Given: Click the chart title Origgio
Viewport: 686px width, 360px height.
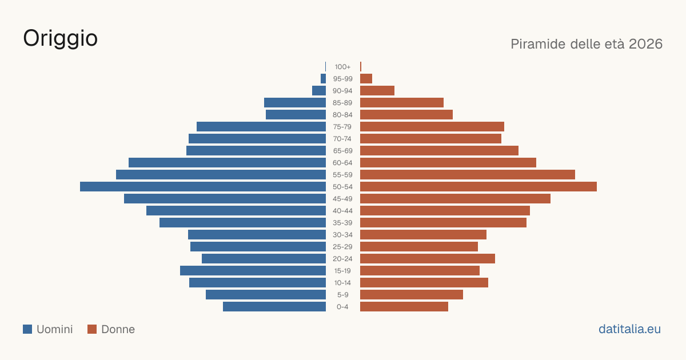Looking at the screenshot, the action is coord(61,39).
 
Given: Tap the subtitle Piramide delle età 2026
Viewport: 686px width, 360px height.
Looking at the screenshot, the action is coord(587,44).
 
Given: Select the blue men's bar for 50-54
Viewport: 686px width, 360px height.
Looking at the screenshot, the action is coord(203,187).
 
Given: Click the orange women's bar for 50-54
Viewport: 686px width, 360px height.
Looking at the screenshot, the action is coord(478,187).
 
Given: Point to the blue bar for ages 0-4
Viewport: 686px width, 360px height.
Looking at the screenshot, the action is coord(274,307).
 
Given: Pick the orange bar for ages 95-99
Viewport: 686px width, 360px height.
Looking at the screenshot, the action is coord(366,79).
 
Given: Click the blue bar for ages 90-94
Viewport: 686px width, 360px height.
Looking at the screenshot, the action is coord(319,91).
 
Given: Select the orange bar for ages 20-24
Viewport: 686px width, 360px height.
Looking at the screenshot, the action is coord(428,259).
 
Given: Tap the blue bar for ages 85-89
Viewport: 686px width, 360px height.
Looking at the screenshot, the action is coord(295,102).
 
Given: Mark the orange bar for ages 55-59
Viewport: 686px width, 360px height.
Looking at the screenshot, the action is coord(468,175).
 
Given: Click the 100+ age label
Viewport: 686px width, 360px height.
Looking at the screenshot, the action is coord(342,67).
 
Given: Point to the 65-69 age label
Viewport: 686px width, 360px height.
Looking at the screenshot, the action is coord(342,151).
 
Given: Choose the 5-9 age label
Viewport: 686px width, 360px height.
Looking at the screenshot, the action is coord(342,295).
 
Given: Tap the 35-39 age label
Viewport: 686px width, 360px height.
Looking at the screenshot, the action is coord(342,223).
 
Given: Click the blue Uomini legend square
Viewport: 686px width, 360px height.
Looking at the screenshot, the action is coord(27,329).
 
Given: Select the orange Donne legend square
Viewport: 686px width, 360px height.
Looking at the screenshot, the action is coord(92,329).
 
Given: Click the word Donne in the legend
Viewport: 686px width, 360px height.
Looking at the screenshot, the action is coord(118,329).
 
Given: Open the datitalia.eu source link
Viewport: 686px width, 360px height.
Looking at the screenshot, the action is coord(629,329).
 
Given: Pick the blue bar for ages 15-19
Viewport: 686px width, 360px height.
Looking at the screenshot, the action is coord(253,271).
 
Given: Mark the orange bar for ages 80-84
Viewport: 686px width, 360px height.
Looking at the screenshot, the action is coord(406,115).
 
